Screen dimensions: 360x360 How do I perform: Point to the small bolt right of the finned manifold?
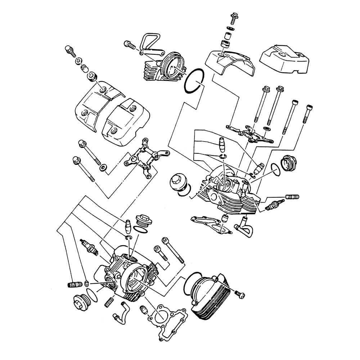239,293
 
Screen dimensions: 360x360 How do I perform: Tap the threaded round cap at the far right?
290,163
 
